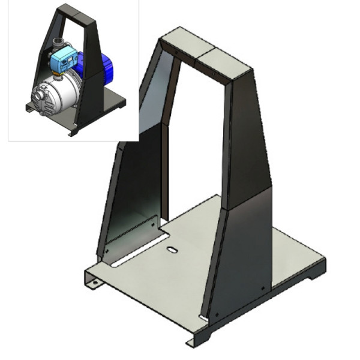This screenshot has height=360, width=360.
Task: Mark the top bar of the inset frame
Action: tap(72, 11)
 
